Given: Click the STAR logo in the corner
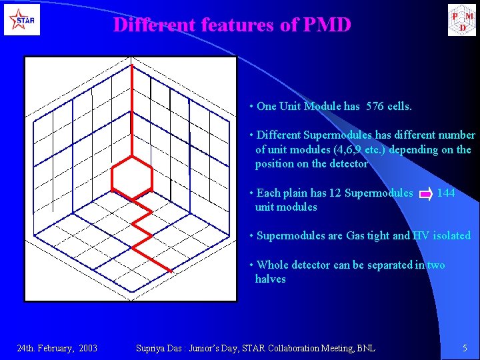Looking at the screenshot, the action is pyautogui.click(x=22, y=19).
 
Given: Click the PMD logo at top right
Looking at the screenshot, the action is pyautogui.click(x=462, y=19).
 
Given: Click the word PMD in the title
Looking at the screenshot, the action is pyautogui.click(x=327, y=25).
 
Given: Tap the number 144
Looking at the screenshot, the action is pyautogui.click(x=446, y=193).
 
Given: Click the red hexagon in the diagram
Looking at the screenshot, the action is pyautogui.click(x=132, y=176).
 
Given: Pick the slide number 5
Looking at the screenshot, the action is pyautogui.click(x=465, y=348).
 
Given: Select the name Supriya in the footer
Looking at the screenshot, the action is pyautogui.click(x=151, y=348).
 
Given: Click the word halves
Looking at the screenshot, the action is pyautogui.click(x=270, y=279).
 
